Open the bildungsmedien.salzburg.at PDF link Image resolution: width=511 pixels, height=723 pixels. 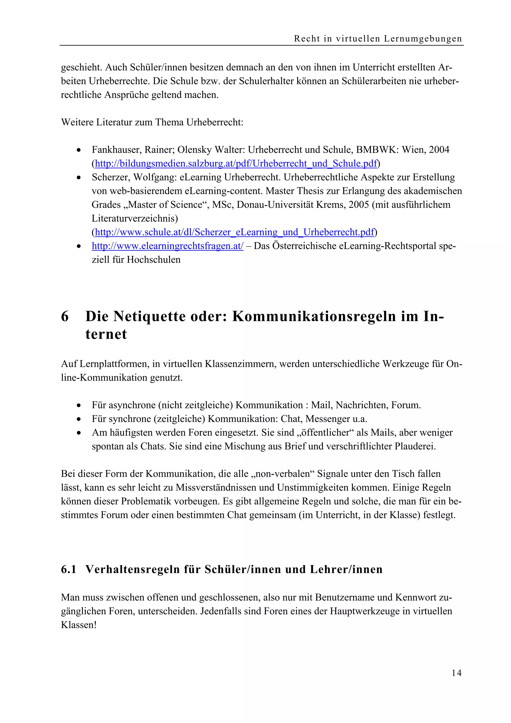[x=236, y=163]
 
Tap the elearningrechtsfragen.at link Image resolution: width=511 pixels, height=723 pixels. [x=167, y=246]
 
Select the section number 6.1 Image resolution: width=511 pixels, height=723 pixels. [x=69, y=569]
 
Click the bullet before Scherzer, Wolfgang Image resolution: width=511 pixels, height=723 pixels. [x=79, y=178]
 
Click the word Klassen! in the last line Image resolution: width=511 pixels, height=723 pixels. [x=78, y=625]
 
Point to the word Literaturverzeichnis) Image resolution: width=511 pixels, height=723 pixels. [x=134, y=218]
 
